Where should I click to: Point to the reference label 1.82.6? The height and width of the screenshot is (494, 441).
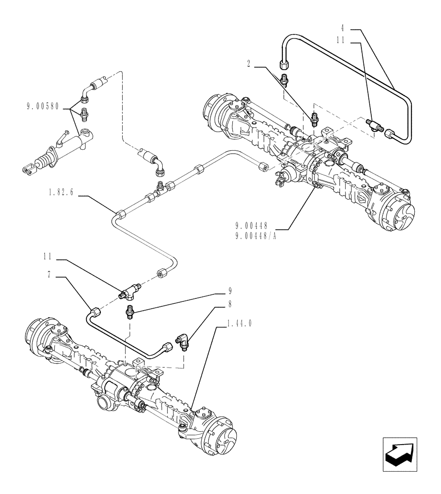[x=61, y=193]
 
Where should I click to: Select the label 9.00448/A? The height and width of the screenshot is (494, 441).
[x=256, y=234]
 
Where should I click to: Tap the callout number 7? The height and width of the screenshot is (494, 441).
[x=49, y=275]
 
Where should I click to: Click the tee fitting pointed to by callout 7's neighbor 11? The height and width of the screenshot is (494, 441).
[x=129, y=292]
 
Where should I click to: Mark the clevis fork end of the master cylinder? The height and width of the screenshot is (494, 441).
[x=25, y=169]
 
